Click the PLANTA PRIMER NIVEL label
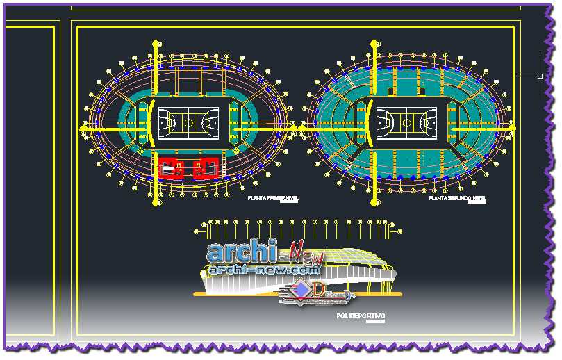point(272,199)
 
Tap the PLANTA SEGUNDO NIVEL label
point(457,199)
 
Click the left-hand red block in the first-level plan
point(172,167)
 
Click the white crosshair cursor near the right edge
point(540,76)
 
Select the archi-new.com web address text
point(264,269)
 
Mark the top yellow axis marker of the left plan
point(154,44)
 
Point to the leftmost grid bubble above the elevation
point(204,224)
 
